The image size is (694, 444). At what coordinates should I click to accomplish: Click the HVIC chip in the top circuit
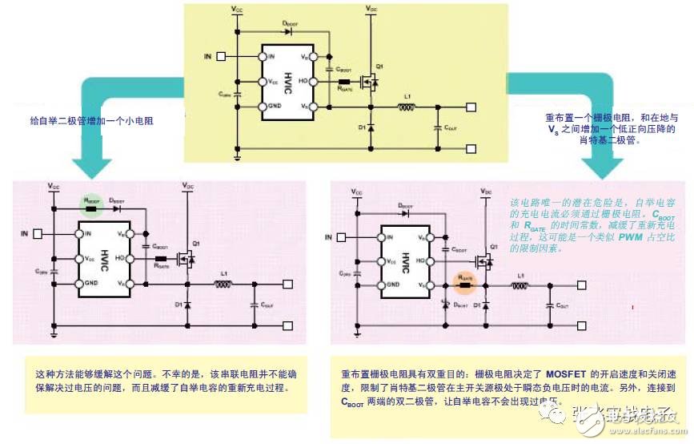(287, 82)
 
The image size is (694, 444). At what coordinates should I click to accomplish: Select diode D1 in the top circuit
(371, 127)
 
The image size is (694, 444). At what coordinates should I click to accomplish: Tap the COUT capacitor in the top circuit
(437, 127)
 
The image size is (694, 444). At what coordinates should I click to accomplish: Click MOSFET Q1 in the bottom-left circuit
(186, 257)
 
